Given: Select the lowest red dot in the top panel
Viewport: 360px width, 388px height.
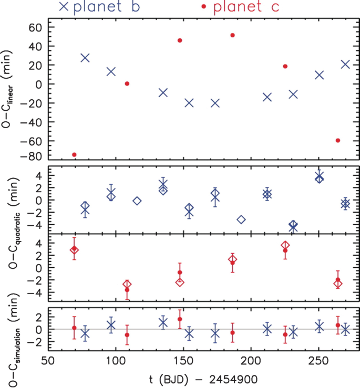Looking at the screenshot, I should click(x=74, y=154).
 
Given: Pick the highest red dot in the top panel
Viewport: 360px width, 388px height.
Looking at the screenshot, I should click(x=232, y=35).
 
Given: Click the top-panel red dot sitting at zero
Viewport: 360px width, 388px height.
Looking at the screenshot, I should click(x=127, y=83).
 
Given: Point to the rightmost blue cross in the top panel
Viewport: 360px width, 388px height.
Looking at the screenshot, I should click(x=345, y=64).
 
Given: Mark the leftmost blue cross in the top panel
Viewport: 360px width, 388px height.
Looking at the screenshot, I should click(x=85, y=58).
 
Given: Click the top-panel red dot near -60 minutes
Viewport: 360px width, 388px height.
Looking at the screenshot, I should click(x=338, y=140).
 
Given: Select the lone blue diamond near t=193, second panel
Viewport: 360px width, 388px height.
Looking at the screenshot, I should click(x=241, y=219).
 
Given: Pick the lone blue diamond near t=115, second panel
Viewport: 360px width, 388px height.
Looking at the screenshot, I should click(x=137, y=201).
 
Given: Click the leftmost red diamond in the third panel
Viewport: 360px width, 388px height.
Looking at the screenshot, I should click(x=74, y=249).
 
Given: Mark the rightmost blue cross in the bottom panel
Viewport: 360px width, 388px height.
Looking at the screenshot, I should click(x=345, y=330).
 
